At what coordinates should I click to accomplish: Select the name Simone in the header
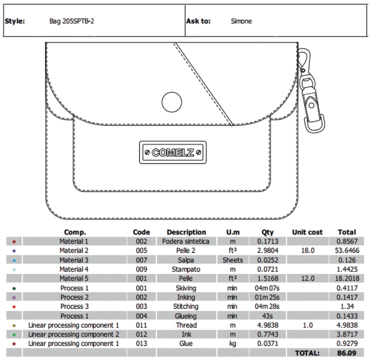click(x=241, y=21)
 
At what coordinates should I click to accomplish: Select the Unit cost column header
click(x=307, y=232)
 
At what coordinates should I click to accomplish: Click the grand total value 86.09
click(x=346, y=352)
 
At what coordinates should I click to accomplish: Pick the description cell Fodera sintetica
click(x=186, y=241)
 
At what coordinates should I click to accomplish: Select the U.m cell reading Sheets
click(x=232, y=260)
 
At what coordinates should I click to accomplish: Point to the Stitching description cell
click(x=186, y=306)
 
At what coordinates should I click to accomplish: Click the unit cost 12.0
click(x=307, y=278)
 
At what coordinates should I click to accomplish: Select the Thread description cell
click(x=186, y=325)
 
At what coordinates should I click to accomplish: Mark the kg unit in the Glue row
click(x=232, y=343)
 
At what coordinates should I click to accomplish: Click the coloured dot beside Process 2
click(x=13, y=297)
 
